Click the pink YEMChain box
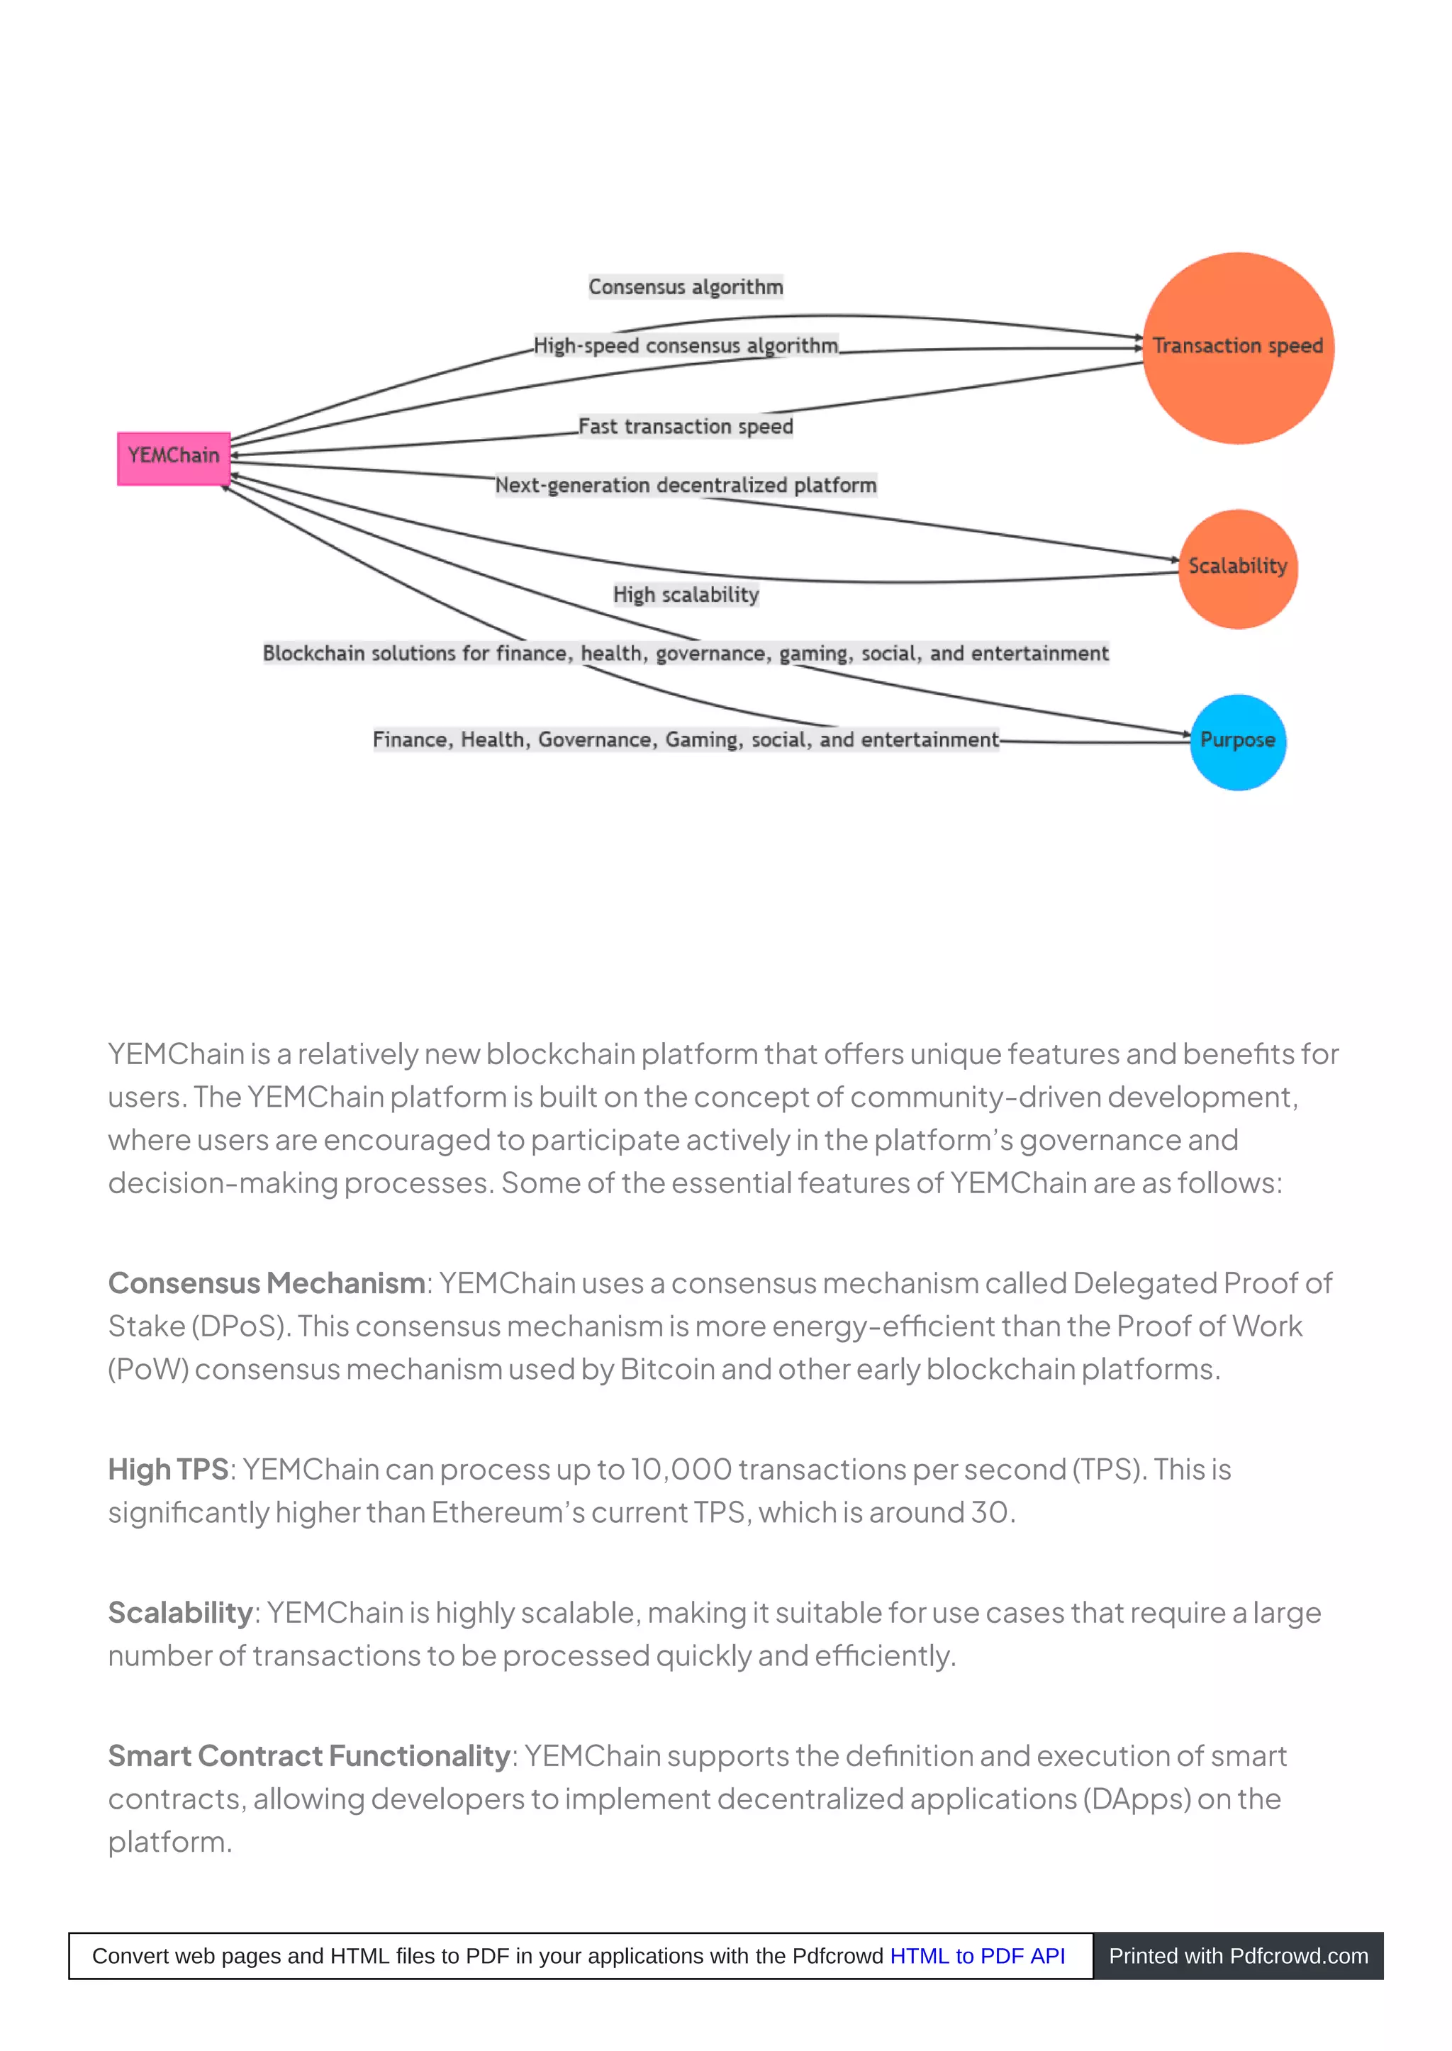coord(174,458)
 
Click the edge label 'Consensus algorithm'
coord(686,287)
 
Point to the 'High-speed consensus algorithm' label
coord(686,346)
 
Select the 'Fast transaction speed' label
coord(686,427)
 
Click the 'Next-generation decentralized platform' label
coord(686,486)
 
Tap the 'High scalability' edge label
coord(686,595)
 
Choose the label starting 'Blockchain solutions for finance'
coord(686,654)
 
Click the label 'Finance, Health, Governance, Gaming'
coord(686,740)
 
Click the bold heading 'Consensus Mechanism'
coord(267,1284)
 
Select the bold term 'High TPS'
coord(168,1470)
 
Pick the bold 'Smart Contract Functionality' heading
coord(308,1756)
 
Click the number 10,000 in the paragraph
coord(681,1470)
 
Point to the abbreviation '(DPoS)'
coord(240,1326)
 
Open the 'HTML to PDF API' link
coord(977,1956)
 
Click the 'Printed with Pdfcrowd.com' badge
coord(1239,1956)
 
